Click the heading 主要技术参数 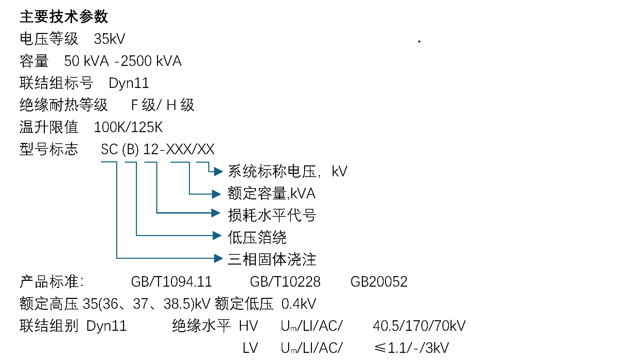pyautogui.click(x=64, y=17)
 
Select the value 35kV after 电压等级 pyautogui.click(x=109, y=39)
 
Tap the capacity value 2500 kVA pyautogui.click(x=151, y=61)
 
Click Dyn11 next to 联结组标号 pyautogui.click(x=129, y=83)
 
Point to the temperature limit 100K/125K pyautogui.click(x=128, y=127)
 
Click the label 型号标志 pyautogui.click(x=49, y=149)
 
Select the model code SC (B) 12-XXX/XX pyautogui.click(x=158, y=149)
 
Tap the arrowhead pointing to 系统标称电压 pyautogui.click(x=218, y=172)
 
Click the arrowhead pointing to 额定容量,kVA pyautogui.click(x=216, y=194)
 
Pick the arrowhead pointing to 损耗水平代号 pyautogui.click(x=216, y=213)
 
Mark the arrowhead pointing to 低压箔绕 pyautogui.click(x=217, y=235)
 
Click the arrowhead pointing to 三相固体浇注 pyautogui.click(x=218, y=258)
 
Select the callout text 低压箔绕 pyautogui.click(x=257, y=237)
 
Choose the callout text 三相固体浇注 pyautogui.click(x=272, y=259)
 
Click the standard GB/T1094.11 pyautogui.click(x=171, y=282)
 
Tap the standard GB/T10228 pyautogui.click(x=285, y=282)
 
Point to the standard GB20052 pyautogui.click(x=379, y=282)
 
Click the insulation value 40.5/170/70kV pyautogui.click(x=419, y=326)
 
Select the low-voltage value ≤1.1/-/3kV pyautogui.click(x=411, y=348)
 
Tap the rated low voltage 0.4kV pyautogui.click(x=299, y=304)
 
